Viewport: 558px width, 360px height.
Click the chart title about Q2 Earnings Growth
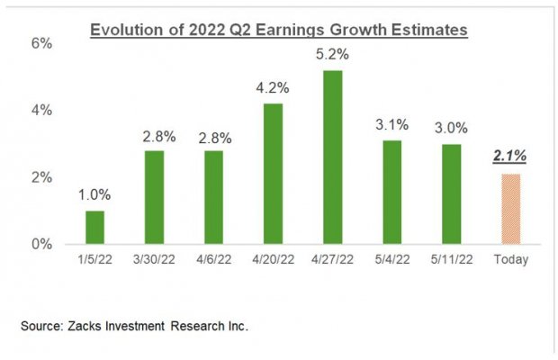point(278,30)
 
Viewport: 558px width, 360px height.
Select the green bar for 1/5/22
point(95,227)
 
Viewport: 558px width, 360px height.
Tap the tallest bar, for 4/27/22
point(333,157)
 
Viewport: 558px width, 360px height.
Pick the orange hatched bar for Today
point(510,208)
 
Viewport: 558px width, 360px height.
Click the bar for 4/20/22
point(274,174)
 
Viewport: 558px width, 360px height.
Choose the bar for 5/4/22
point(392,192)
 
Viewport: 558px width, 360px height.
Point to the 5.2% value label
point(333,54)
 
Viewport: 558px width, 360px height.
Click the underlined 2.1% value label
point(510,157)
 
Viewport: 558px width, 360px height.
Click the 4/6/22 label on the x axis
point(214,259)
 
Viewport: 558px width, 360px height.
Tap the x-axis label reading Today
point(510,259)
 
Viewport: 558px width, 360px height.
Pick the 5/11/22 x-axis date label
point(452,259)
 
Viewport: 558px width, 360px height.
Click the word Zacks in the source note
point(99,327)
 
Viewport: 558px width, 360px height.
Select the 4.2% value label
point(274,88)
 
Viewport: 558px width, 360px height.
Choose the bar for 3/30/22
point(155,197)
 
